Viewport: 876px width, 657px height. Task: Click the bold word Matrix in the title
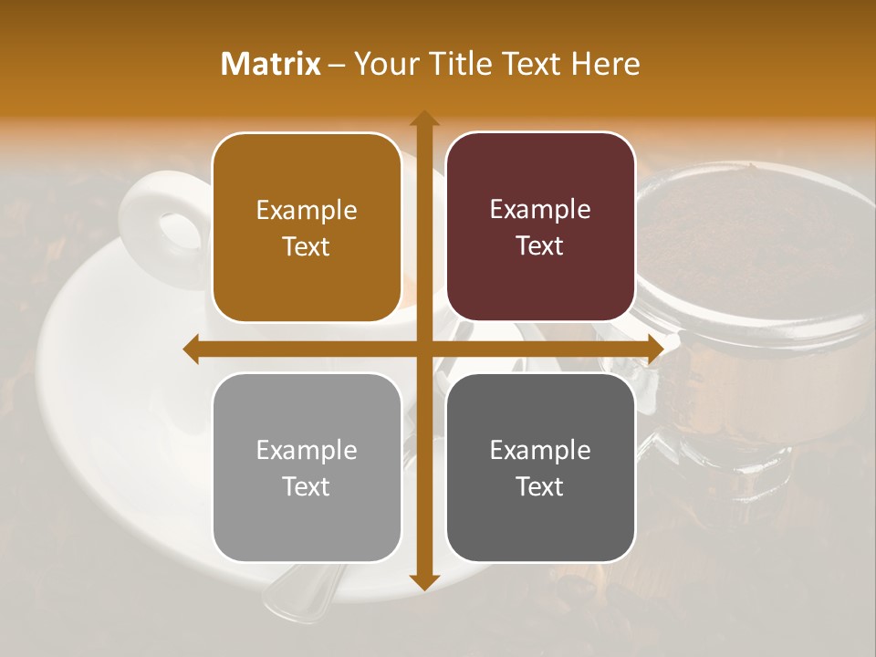click(x=271, y=64)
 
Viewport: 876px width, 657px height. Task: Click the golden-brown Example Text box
click(x=307, y=227)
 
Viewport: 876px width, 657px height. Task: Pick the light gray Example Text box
click(x=307, y=467)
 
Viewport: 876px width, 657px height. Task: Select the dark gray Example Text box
click(x=540, y=467)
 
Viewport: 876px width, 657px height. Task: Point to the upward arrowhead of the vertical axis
click(x=423, y=119)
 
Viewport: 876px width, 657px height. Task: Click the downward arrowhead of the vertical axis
click(x=423, y=581)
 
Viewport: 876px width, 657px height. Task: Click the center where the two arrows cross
click(x=423, y=349)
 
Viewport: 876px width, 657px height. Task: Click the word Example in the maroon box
click(x=540, y=210)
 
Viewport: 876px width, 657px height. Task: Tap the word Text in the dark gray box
click(x=540, y=486)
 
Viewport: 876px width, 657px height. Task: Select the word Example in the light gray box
click(x=307, y=450)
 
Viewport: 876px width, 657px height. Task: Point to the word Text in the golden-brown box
click(x=307, y=246)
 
